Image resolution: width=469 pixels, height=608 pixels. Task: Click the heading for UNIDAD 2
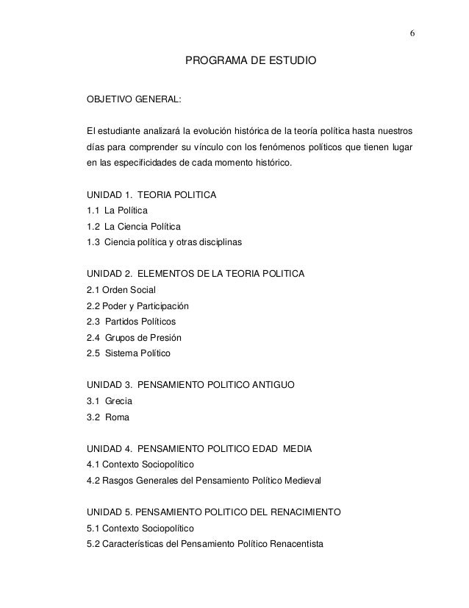[196, 275]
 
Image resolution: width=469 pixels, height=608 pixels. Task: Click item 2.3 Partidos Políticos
[132, 322]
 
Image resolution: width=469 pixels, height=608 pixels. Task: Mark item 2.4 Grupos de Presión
[134, 338]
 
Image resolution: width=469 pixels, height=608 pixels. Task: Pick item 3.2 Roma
[108, 417]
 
